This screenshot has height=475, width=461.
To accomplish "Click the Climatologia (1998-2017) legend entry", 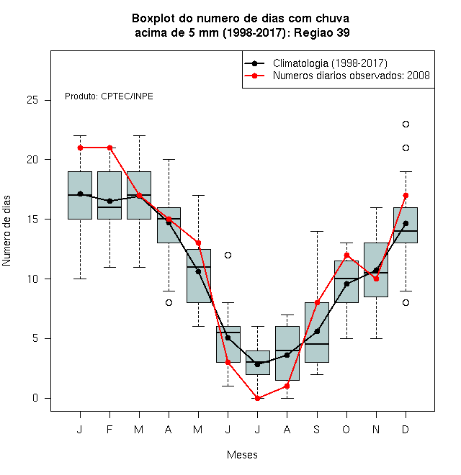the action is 315,63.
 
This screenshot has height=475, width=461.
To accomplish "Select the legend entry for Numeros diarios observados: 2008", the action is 336,76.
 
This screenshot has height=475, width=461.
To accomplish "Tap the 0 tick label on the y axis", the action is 35,398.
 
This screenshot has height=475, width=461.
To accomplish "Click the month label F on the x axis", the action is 109,429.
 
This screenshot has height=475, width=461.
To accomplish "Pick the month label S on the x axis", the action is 317,429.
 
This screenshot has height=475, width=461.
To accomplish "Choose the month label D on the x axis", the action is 406,429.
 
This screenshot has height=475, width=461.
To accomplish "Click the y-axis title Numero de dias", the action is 6,231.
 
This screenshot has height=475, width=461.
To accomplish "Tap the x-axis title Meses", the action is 242,455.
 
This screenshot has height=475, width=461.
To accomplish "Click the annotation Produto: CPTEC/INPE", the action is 109,96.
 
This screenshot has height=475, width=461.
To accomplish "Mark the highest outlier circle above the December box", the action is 406,125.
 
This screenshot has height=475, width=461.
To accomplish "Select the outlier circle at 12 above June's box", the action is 228,255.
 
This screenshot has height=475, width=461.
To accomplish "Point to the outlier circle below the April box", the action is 169,302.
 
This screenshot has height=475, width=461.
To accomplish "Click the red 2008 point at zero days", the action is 257,398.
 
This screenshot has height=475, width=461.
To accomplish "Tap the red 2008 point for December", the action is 406,195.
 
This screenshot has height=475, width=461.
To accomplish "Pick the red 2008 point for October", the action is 346,255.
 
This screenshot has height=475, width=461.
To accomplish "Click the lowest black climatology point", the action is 257,364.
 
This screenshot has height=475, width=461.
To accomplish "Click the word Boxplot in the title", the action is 153,19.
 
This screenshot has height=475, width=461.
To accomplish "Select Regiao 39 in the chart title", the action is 322,32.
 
